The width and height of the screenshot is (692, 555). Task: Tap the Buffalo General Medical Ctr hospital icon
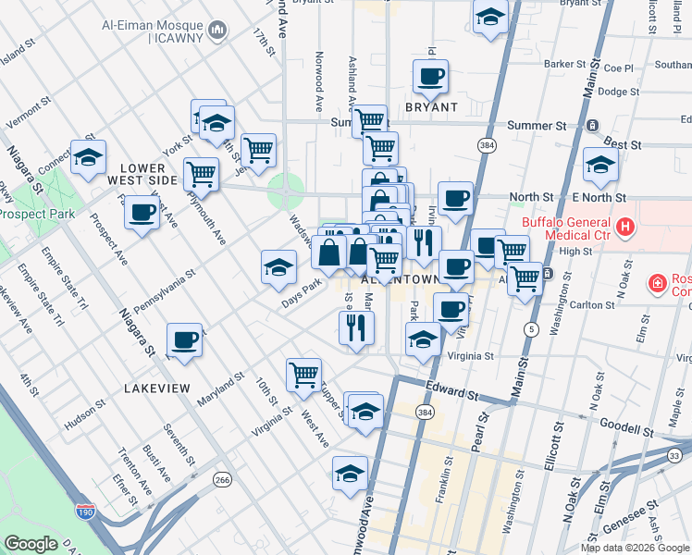coord(626,226)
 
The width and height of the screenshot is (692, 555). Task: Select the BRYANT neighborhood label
coord(431,107)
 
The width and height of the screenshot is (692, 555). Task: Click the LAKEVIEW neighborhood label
coord(157,388)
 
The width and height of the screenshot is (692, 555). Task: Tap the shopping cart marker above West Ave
coord(303,375)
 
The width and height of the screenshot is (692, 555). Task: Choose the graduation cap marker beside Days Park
coord(278,267)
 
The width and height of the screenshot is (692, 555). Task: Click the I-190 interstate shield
coord(87,509)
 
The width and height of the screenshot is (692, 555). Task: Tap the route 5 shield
coord(530,329)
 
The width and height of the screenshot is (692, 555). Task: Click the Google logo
coord(31,544)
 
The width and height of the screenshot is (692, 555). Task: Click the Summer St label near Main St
coord(537,125)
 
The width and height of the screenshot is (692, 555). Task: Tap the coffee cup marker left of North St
coord(455,197)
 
